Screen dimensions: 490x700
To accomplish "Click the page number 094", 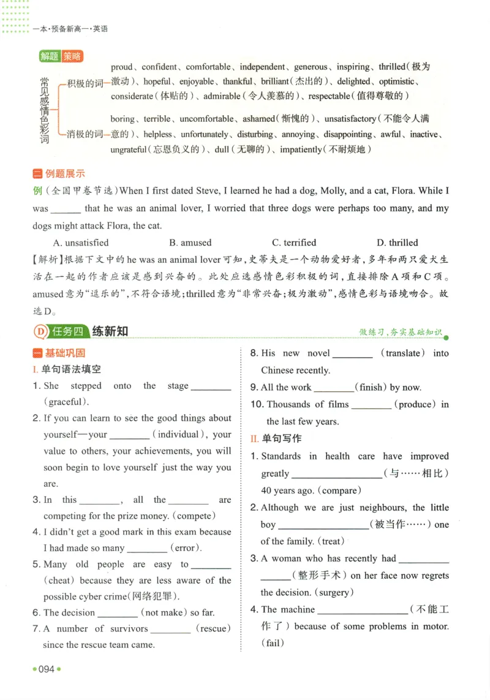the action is point(47,669).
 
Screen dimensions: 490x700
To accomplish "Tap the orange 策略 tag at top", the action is point(72,56).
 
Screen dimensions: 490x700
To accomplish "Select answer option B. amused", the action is point(190,243).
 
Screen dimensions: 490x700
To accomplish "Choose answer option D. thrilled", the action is point(397,243).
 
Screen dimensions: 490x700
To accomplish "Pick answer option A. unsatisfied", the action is point(81,243).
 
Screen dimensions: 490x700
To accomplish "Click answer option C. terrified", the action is point(294,243).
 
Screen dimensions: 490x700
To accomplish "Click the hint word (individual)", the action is point(179,434).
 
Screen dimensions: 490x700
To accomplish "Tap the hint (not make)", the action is point(163,612).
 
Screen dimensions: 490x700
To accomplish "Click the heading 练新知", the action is point(110,331).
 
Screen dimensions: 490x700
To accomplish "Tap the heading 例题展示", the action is point(65,174).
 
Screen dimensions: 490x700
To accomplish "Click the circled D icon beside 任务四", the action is point(40,331).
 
